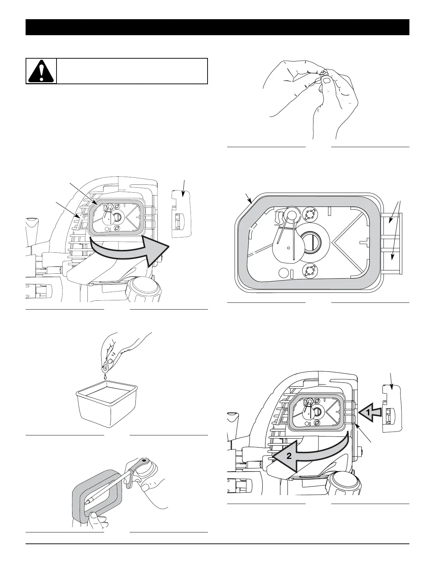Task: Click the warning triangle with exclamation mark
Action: click(x=41, y=71)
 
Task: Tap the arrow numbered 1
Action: click(x=370, y=412)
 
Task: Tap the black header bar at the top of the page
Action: click(x=217, y=27)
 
